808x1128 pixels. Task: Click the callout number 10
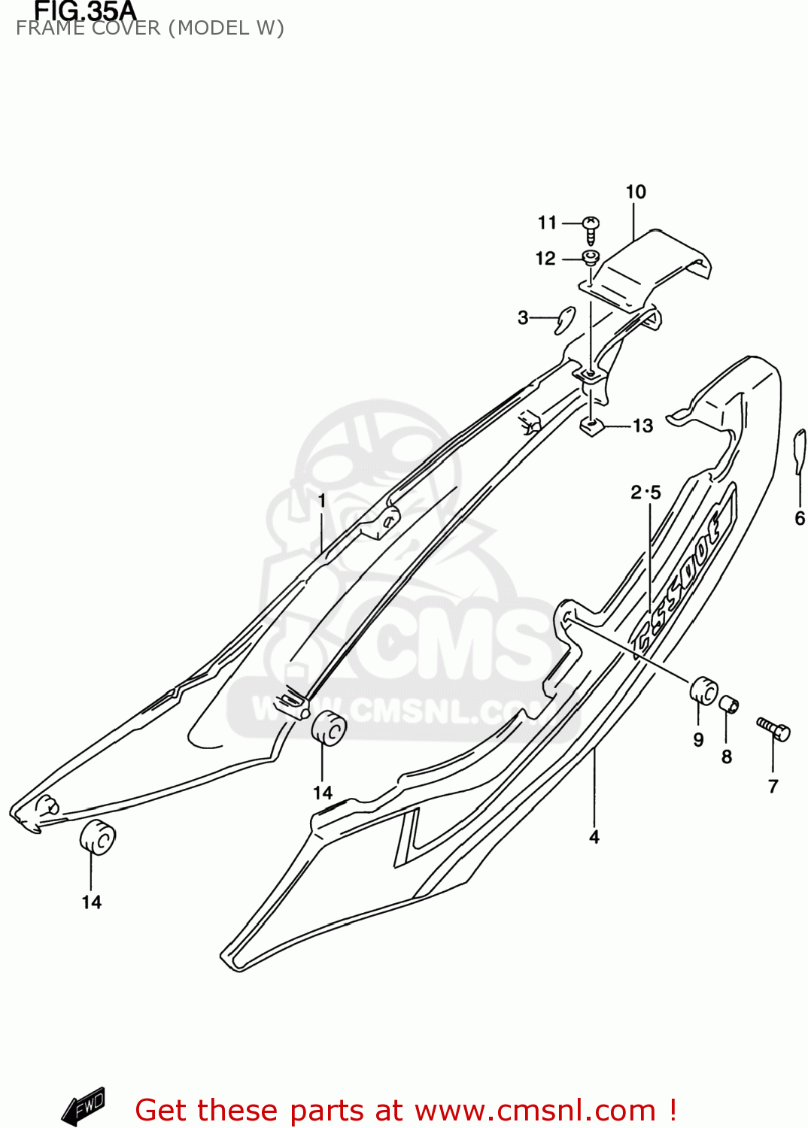(636, 192)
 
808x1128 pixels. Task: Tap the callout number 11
(547, 223)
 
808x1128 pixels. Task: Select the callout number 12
(545, 259)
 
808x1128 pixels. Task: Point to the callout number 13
(642, 426)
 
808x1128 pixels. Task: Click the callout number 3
(523, 318)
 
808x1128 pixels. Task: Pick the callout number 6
(799, 518)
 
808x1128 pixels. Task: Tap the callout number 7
(773, 787)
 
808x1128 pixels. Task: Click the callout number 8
(726, 757)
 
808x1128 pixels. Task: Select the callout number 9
(698, 740)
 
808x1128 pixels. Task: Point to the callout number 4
(594, 837)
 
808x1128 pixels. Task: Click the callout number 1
(322, 501)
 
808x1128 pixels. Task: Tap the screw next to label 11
(591, 229)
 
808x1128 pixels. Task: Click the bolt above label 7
(773, 728)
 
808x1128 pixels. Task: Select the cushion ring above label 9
(703, 690)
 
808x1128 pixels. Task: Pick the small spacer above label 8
(729, 705)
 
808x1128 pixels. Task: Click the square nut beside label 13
(593, 428)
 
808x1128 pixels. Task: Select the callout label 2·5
(645, 493)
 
